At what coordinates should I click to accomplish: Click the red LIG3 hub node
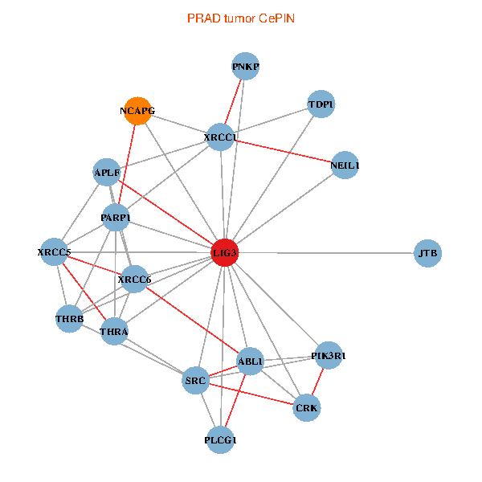pos(225,253)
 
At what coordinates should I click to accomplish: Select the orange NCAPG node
pos(137,111)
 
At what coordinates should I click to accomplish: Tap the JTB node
pos(428,253)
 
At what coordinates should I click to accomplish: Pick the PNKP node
pos(246,67)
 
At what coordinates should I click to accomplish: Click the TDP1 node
pos(321,104)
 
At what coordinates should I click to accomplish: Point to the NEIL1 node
pos(345,165)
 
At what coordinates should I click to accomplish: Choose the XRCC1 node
pos(221,137)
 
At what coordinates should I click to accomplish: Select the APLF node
pos(107,172)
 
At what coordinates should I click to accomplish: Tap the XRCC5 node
pos(55,253)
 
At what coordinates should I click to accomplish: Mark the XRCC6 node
pos(134,280)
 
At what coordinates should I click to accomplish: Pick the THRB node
pos(70,318)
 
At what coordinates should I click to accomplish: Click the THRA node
pos(115,331)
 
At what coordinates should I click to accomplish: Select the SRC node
pos(197,379)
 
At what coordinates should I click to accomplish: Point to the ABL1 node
pos(251,362)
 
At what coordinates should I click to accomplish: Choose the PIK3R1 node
pos(329,355)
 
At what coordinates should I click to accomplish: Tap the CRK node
pos(307,408)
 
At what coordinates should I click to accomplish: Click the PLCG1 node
pos(222,439)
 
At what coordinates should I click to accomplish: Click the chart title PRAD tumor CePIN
pos(240,18)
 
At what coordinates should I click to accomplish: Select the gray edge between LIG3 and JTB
pos(329,253)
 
